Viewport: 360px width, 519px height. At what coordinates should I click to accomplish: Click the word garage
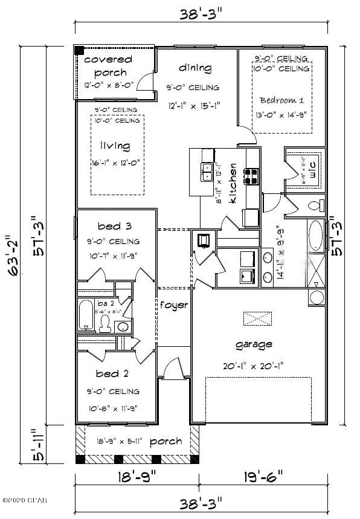(254, 344)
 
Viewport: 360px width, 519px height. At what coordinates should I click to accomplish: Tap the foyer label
(173, 305)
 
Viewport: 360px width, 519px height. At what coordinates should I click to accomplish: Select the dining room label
(194, 68)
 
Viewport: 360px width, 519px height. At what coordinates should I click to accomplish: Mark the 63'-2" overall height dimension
(10, 254)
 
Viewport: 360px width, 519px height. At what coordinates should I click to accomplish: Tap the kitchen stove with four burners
(251, 176)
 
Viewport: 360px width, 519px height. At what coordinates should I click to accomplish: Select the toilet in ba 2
(105, 324)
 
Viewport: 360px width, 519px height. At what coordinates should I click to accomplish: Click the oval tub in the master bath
(316, 236)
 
